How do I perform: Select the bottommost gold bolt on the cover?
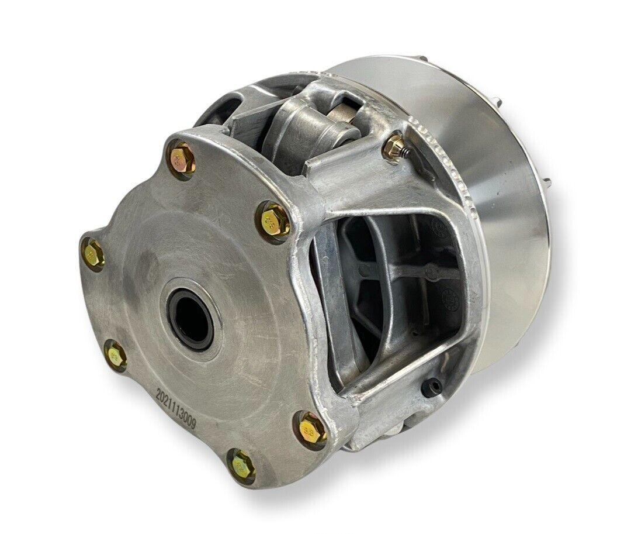pos(241,466)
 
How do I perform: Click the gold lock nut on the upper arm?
pos(393,147)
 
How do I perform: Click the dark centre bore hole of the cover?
pos(190,319)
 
